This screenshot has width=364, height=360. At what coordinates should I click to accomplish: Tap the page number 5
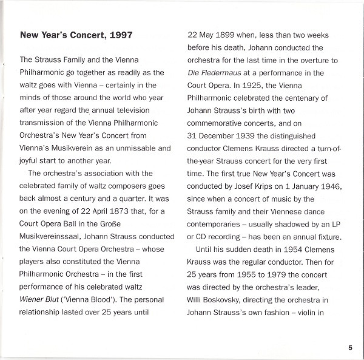point(350,348)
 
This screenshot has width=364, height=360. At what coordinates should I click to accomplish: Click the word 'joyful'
point(30,161)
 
